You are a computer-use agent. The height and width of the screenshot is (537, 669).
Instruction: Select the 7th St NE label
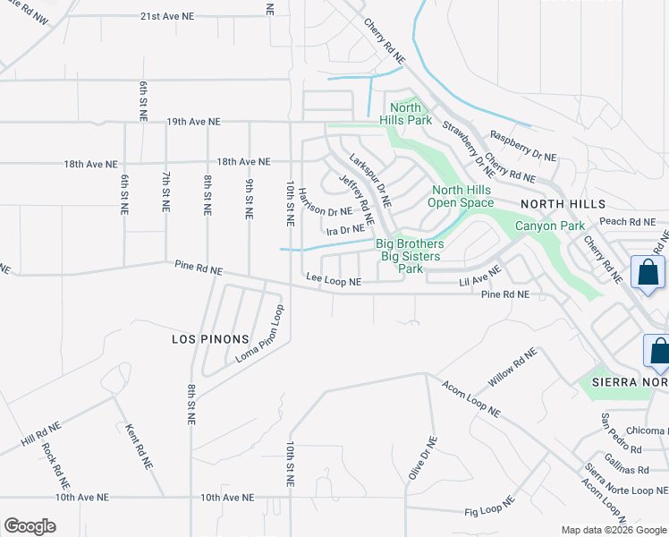tap(165, 192)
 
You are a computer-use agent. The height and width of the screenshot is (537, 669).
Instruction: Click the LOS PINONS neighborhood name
tap(207, 340)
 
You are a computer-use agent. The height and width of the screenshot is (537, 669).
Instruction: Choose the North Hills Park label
tap(405, 114)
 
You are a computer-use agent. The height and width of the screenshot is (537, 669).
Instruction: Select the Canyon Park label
tap(548, 226)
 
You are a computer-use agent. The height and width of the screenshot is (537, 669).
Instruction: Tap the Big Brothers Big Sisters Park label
tap(410, 256)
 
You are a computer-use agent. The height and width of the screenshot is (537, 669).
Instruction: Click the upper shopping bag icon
tap(647, 272)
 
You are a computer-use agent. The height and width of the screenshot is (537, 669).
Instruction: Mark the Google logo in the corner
tap(30, 526)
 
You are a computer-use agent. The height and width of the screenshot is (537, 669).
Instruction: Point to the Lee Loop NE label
tap(334, 281)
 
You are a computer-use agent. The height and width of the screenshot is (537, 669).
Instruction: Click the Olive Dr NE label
tap(421, 458)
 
